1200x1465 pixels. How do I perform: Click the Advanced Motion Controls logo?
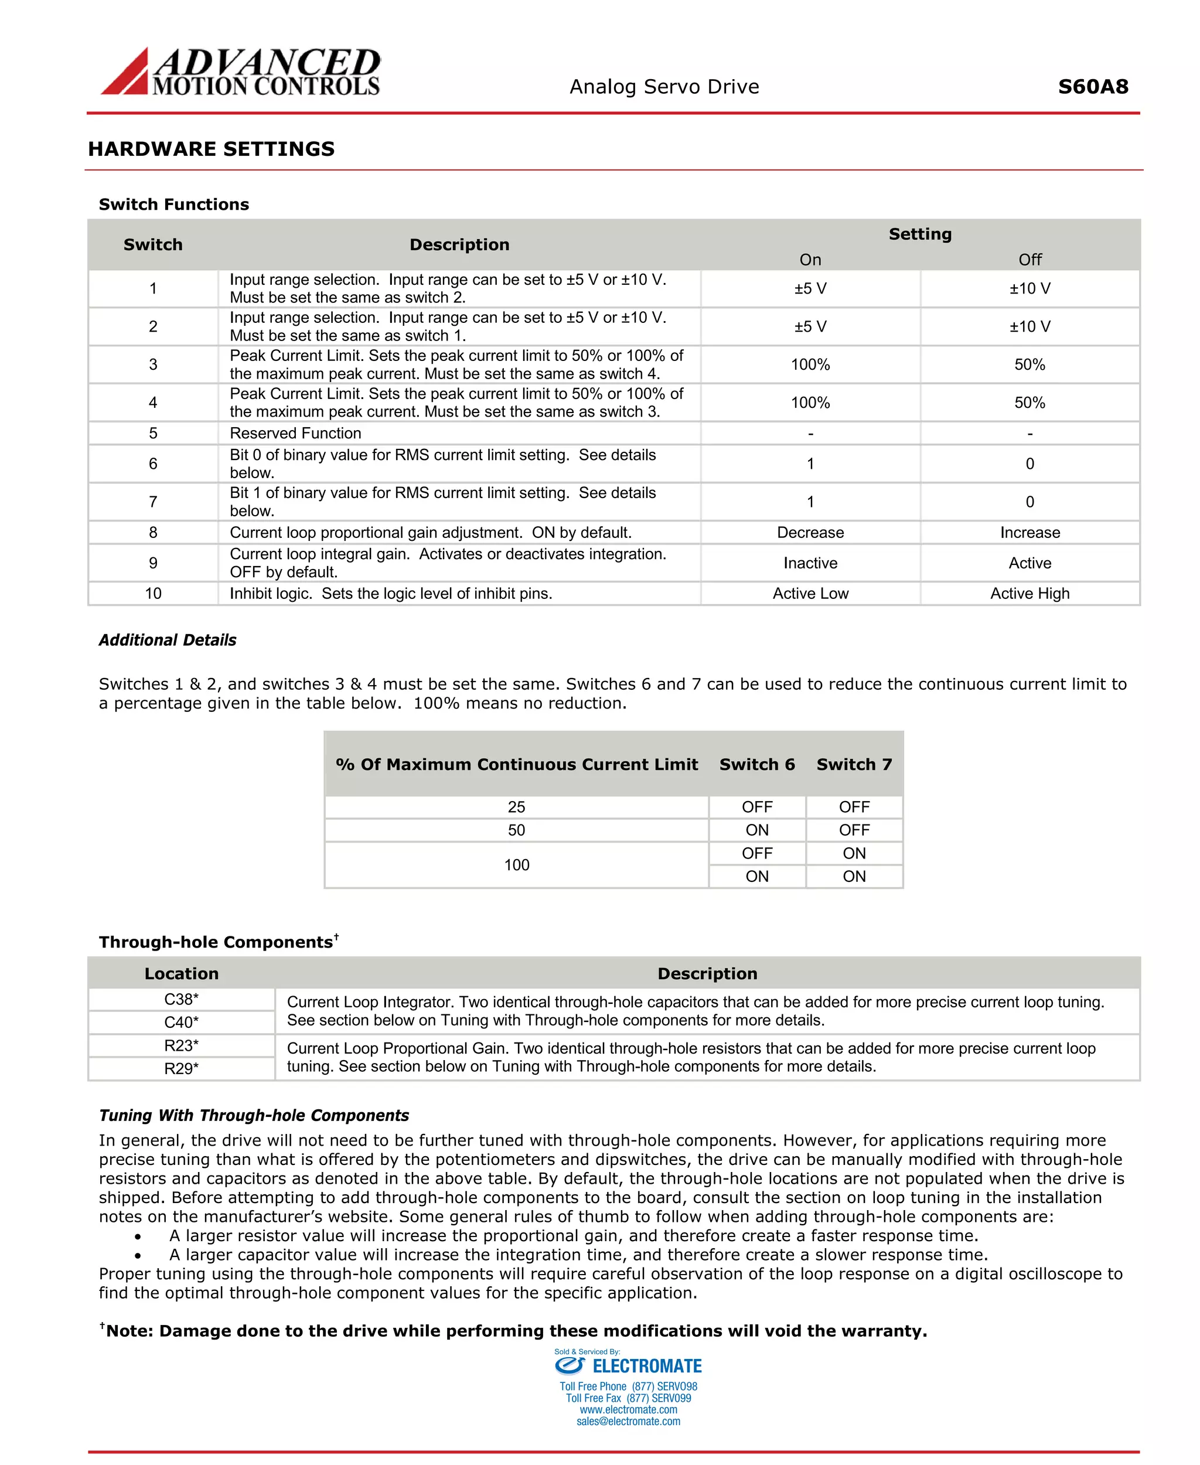pos(241,71)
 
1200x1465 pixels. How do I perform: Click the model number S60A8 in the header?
pos(1092,86)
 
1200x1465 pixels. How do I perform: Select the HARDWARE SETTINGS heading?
pos(211,149)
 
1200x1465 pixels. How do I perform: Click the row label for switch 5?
pos(153,434)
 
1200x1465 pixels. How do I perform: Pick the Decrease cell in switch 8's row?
pos(810,532)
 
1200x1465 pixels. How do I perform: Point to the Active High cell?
pos(1029,593)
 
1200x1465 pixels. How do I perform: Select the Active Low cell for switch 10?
pos(810,593)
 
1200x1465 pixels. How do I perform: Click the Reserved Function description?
pos(295,434)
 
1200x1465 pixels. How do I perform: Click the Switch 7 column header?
pos(854,764)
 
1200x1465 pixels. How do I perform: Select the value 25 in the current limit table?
pos(516,807)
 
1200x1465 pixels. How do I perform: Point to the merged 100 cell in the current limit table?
pos(516,865)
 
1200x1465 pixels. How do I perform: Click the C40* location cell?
pos(181,1022)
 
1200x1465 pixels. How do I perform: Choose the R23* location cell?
pos(181,1045)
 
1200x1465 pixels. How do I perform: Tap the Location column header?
pos(181,973)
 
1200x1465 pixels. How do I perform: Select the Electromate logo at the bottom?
pos(628,1366)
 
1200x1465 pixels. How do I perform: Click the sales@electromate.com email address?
pos(628,1422)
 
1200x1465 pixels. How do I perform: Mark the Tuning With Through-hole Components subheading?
pos(254,1115)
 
